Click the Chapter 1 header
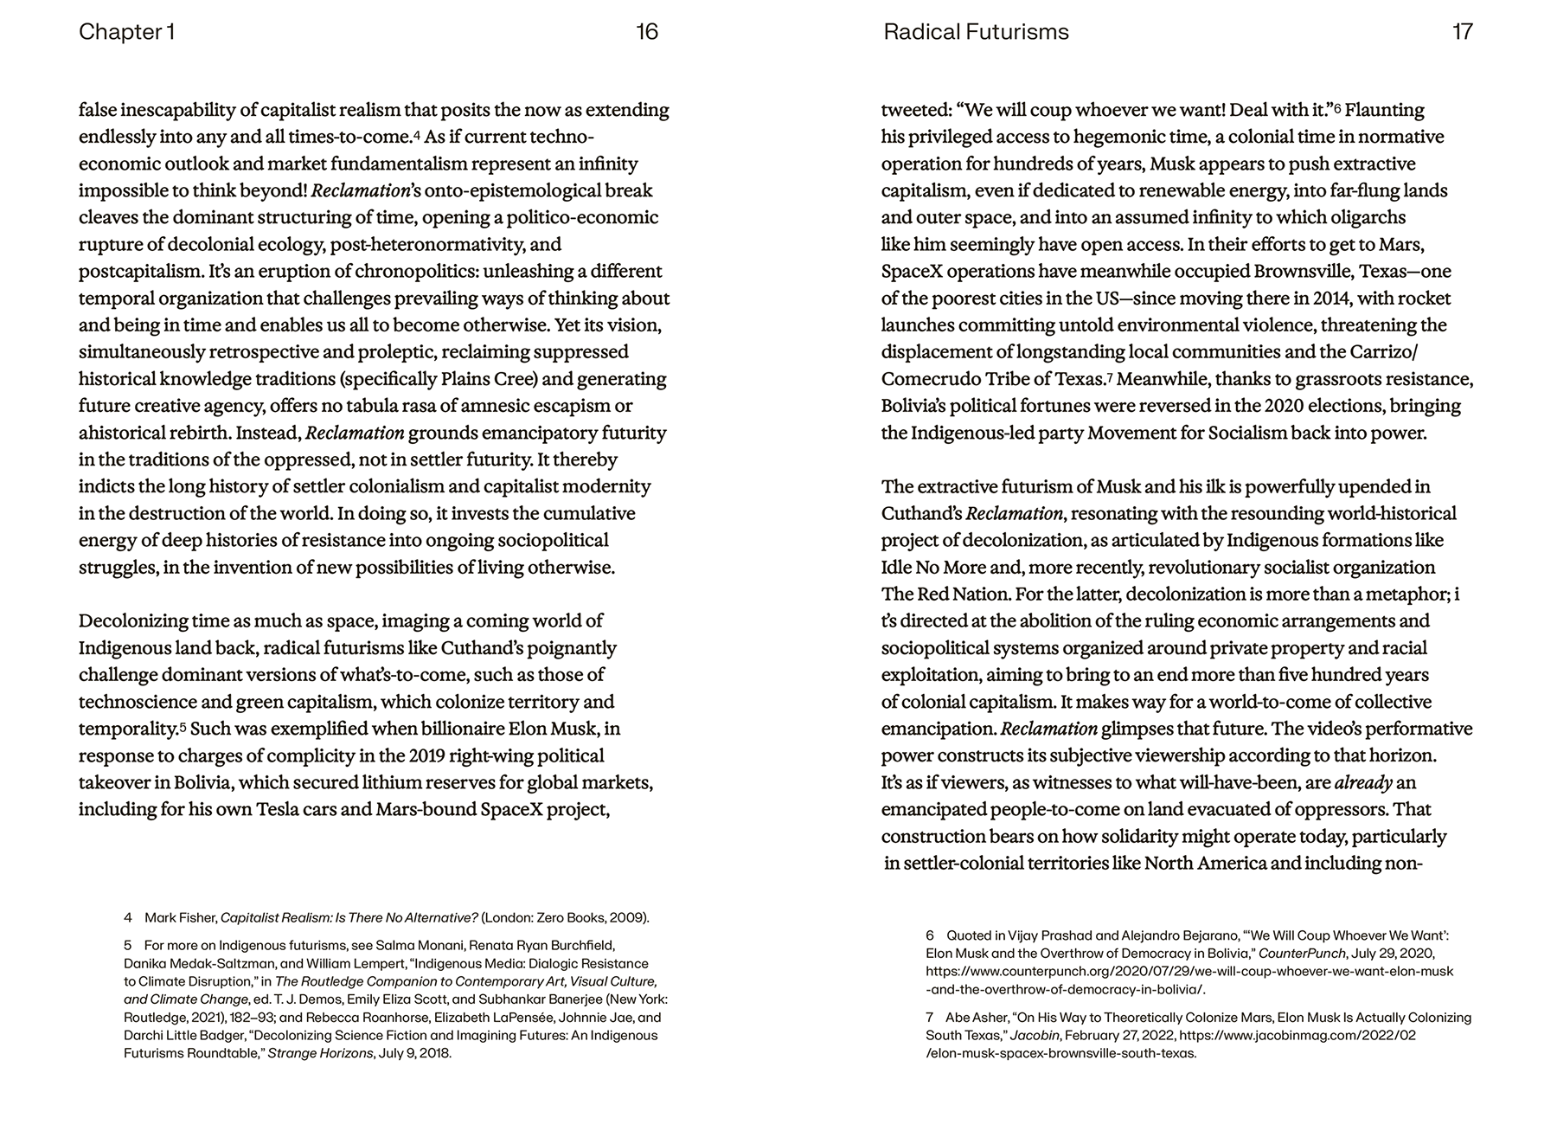(x=126, y=32)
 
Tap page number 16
(x=647, y=32)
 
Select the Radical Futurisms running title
(x=976, y=32)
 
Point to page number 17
(x=1462, y=32)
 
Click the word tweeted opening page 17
(x=915, y=110)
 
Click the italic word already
(x=1363, y=783)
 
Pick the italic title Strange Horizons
(x=320, y=1053)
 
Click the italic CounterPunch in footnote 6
(x=1302, y=953)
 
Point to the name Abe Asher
(x=973, y=1018)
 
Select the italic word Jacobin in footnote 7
(x=1034, y=1035)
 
